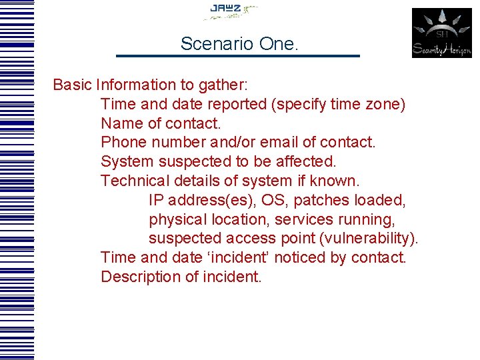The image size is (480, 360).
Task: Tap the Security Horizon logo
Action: click(x=441, y=33)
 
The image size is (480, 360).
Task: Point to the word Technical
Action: click(x=135, y=181)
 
